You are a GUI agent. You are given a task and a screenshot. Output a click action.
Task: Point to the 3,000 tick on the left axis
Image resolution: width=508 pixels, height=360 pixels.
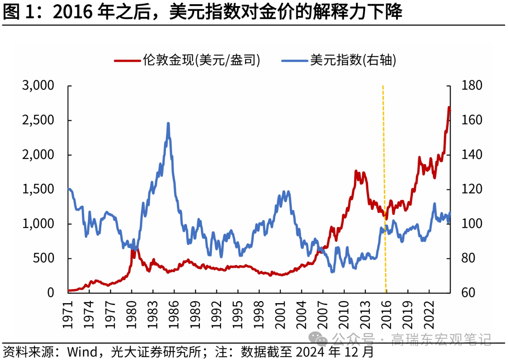pos(38,86)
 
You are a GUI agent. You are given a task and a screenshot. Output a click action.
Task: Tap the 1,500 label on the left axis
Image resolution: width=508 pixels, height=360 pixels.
pos(38,189)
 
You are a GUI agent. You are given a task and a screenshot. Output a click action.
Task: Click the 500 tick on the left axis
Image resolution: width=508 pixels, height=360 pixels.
pos(45,258)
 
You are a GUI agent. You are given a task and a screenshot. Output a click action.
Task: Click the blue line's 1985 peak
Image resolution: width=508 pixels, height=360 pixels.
pos(168,124)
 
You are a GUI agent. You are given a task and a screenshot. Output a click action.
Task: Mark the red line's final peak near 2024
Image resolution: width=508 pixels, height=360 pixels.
pos(449,108)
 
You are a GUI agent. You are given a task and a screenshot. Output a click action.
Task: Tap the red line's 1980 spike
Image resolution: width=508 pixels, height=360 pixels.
pos(133,248)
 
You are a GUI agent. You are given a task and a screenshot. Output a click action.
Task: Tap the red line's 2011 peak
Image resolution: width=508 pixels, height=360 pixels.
pos(356,172)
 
